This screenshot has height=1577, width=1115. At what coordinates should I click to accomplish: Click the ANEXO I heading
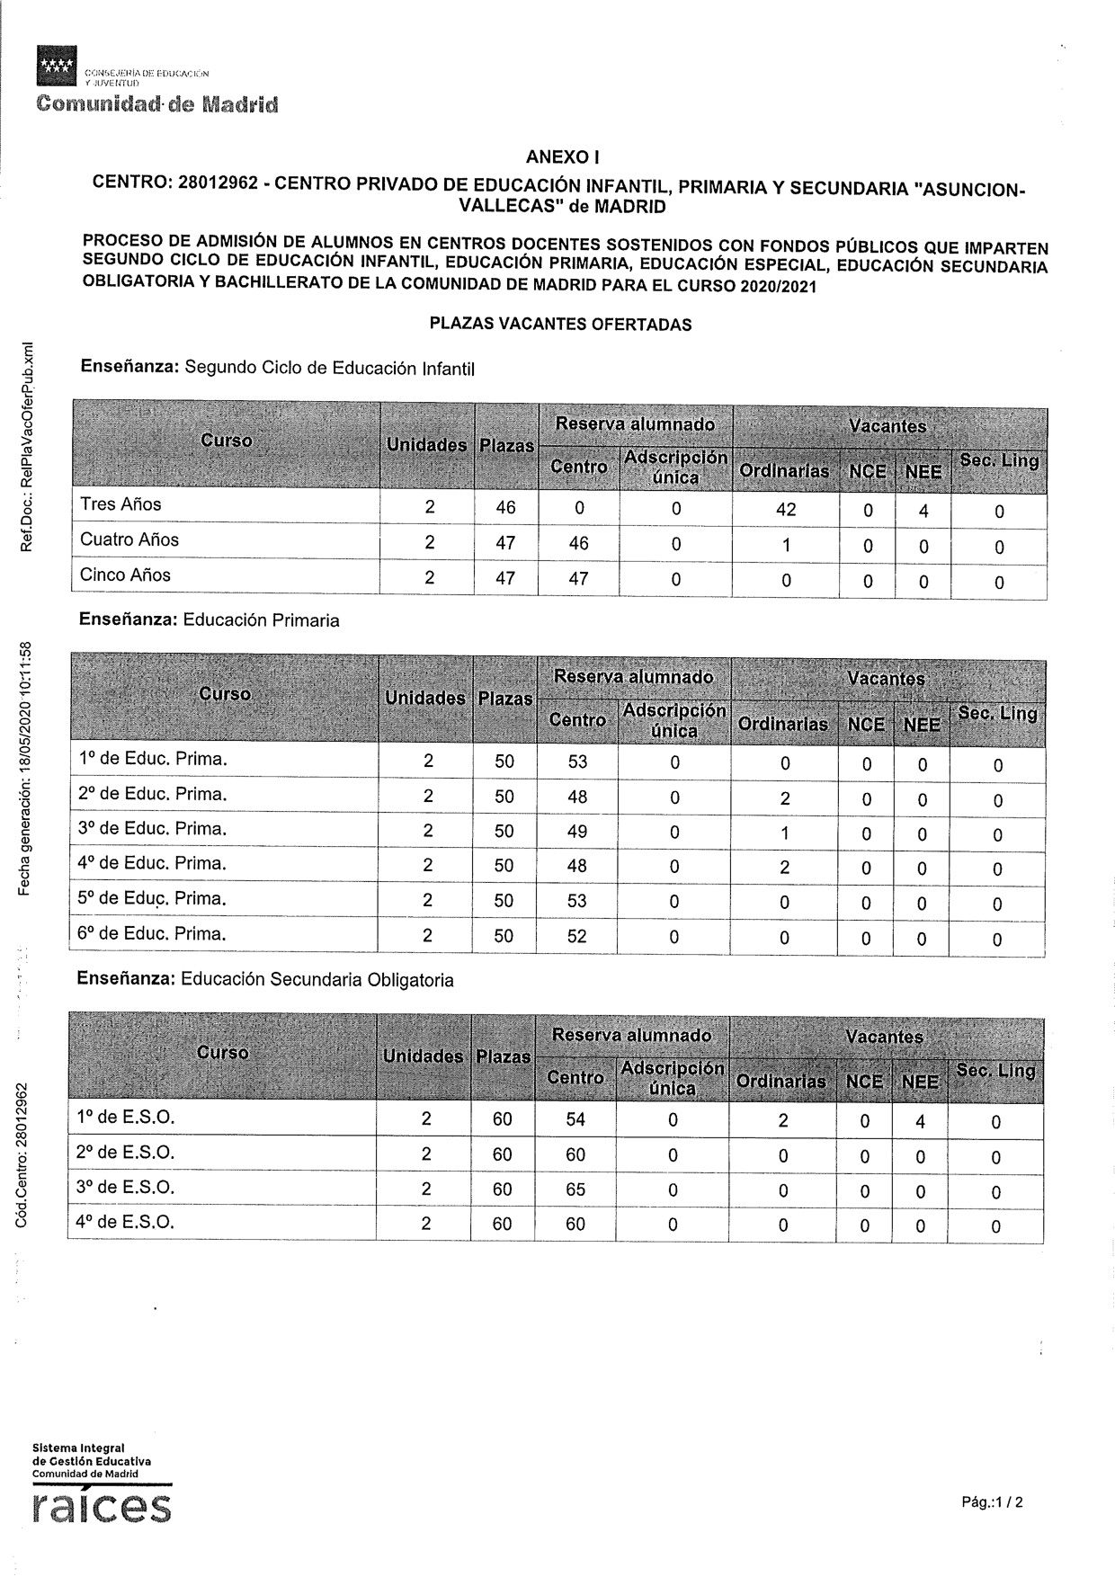(x=563, y=157)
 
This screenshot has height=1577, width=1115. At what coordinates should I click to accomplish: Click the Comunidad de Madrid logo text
(x=157, y=104)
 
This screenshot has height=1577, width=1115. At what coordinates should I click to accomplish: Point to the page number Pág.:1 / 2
(x=992, y=1501)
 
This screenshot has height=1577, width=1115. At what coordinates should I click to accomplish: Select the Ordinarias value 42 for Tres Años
(x=786, y=509)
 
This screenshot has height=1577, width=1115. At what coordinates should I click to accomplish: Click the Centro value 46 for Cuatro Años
(x=579, y=543)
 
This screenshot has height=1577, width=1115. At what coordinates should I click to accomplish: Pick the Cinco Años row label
(x=125, y=575)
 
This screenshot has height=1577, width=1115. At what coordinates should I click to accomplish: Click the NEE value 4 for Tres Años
(x=923, y=512)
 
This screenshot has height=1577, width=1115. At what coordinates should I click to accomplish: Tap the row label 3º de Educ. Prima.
(x=151, y=829)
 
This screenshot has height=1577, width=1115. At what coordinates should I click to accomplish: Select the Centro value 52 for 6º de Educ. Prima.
(x=576, y=936)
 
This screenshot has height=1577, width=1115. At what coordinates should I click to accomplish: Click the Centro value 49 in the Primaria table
(x=577, y=832)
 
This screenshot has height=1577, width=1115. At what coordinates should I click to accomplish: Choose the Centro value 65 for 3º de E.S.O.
(x=575, y=1189)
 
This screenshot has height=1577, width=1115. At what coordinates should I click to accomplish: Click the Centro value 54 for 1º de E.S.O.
(x=575, y=1119)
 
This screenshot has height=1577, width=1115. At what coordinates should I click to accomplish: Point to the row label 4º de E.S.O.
(x=125, y=1223)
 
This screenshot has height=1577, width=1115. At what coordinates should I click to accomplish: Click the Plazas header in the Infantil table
(x=506, y=446)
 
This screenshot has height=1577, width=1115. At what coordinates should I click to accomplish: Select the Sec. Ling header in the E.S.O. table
(x=996, y=1071)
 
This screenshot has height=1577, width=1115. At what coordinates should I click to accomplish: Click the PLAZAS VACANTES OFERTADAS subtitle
(x=560, y=325)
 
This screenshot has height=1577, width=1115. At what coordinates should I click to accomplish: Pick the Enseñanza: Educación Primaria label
(x=210, y=620)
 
